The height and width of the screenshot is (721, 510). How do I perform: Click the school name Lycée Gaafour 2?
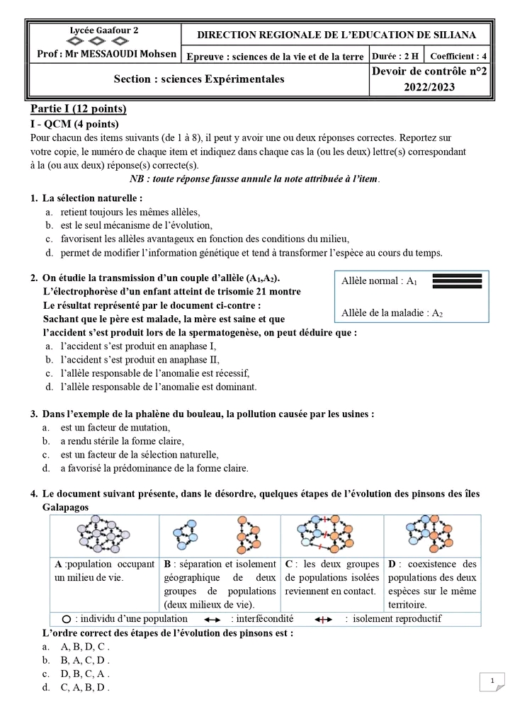(103, 30)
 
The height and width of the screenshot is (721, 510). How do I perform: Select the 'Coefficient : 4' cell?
(458, 56)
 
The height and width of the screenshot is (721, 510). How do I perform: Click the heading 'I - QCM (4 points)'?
(79, 124)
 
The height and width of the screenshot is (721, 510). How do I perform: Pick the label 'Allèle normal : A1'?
(379, 281)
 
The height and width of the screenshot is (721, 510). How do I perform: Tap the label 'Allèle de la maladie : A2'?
(392, 313)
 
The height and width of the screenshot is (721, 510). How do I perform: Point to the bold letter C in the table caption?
(289, 564)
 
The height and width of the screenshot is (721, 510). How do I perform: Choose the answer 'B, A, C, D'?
(85, 660)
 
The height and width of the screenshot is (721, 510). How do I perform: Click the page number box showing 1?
(491, 681)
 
